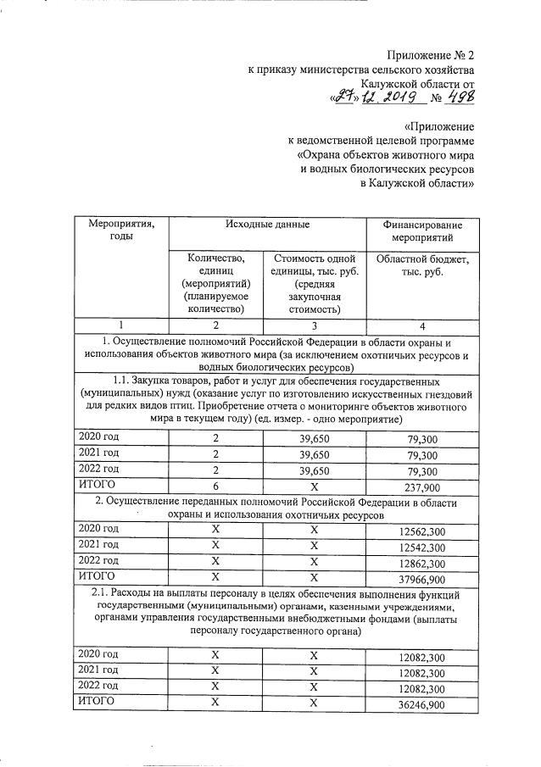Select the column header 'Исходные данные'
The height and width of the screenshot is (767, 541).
pyautogui.click(x=267, y=225)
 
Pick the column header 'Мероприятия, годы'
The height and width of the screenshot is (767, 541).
pyautogui.click(x=120, y=231)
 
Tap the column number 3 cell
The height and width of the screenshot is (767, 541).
pyautogui.click(x=315, y=325)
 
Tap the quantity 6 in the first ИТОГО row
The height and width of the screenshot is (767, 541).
pyautogui.click(x=215, y=486)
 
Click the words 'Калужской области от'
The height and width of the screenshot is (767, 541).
pyautogui.click(x=417, y=84)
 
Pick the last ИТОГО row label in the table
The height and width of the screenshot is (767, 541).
pyautogui.click(x=96, y=703)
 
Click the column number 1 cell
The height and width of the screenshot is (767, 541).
pyautogui.click(x=120, y=325)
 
